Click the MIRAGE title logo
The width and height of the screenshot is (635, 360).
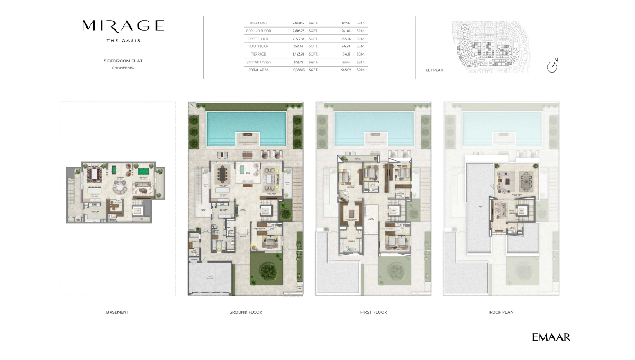(x=123, y=25)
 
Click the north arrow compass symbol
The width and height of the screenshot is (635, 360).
(x=552, y=67)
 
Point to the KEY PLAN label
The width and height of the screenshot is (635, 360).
(x=434, y=70)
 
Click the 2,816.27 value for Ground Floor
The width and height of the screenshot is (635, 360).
(x=298, y=31)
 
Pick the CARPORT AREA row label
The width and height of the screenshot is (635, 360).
(x=258, y=62)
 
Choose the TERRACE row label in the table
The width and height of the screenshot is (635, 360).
(x=258, y=54)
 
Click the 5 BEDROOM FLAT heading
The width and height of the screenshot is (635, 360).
(x=123, y=61)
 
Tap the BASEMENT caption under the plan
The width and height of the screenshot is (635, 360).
(x=117, y=312)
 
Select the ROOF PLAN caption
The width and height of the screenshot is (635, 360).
(x=501, y=312)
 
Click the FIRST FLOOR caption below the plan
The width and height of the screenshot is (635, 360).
(x=373, y=312)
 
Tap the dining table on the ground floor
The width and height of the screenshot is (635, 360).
(x=222, y=174)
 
